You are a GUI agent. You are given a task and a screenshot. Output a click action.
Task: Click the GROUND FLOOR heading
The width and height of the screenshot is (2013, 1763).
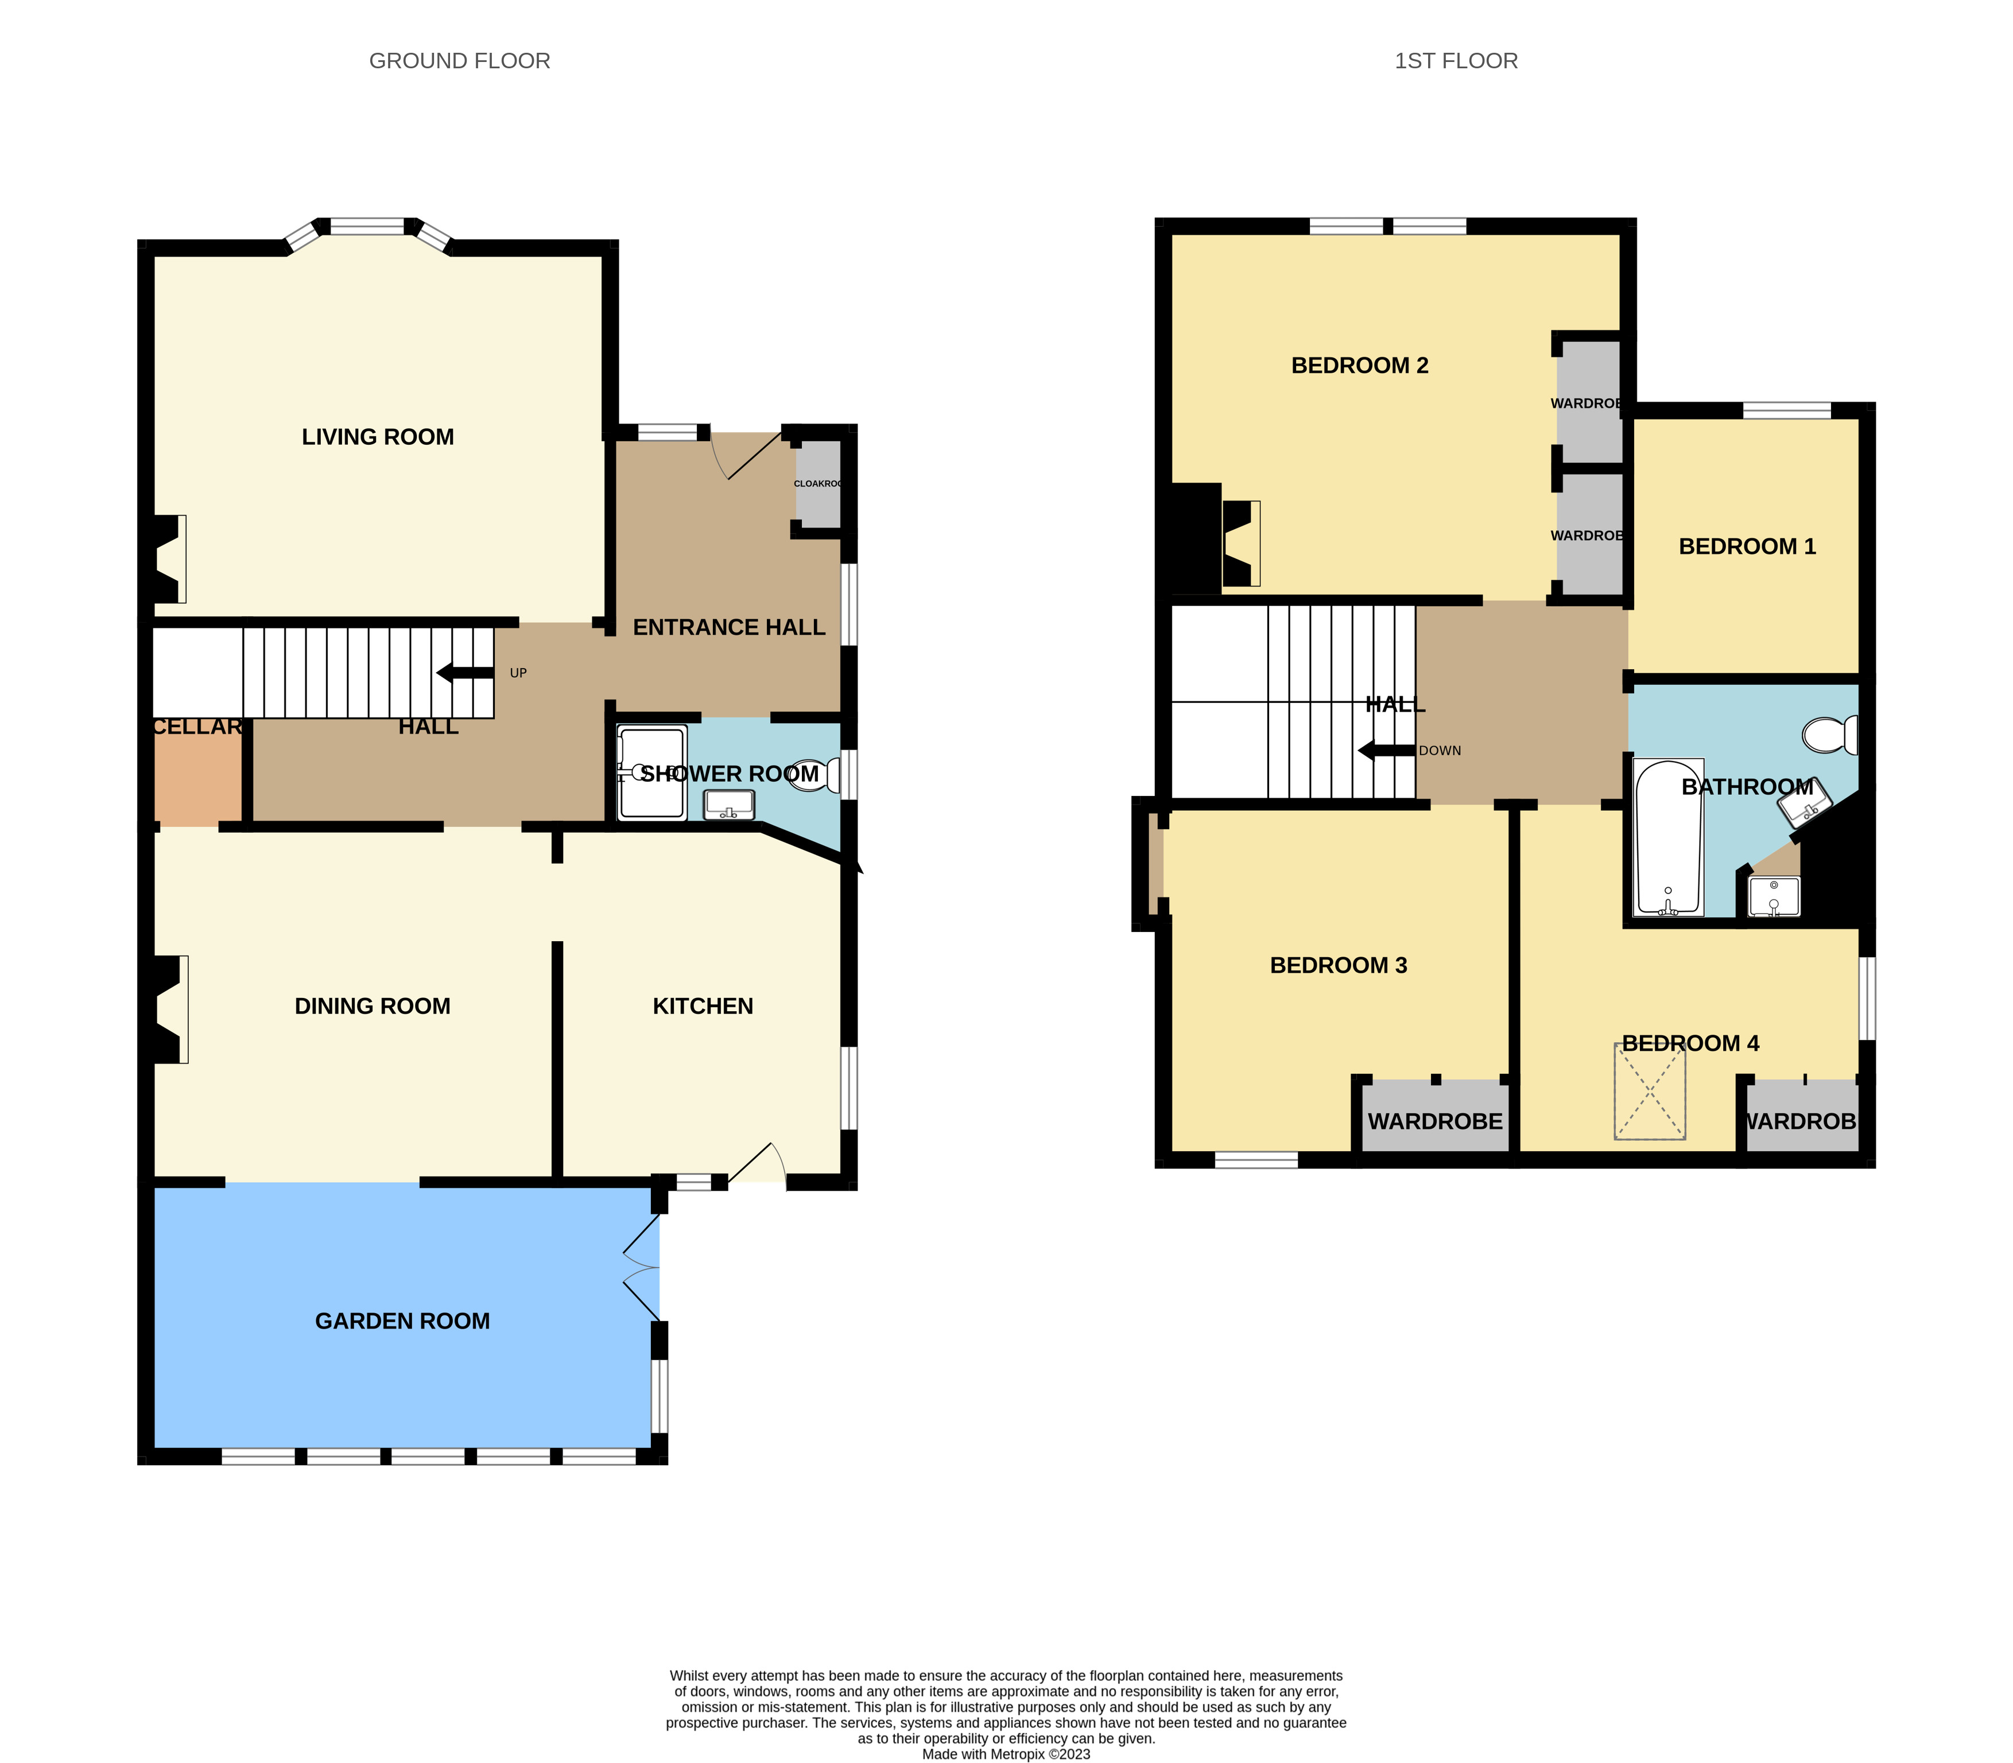click(x=459, y=61)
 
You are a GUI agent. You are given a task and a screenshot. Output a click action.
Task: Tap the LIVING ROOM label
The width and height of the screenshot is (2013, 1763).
click(x=378, y=437)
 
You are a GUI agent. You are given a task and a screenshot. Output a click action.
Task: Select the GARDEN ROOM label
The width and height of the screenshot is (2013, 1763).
click(x=402, y=1321)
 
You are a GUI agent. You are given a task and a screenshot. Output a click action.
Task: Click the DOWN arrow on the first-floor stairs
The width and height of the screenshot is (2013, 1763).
click(x=1387, y=751)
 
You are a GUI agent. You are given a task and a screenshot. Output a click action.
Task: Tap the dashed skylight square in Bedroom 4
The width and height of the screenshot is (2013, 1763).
click(x=1650, y=1091)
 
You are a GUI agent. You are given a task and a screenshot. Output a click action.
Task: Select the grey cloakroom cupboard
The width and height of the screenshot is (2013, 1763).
click(x=819, y=484)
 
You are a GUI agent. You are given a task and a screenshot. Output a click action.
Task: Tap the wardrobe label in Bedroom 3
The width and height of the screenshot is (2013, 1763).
click(x=1434, y=1121)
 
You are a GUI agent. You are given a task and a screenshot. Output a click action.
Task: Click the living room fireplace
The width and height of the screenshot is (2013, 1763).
click(x=167, y=559)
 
